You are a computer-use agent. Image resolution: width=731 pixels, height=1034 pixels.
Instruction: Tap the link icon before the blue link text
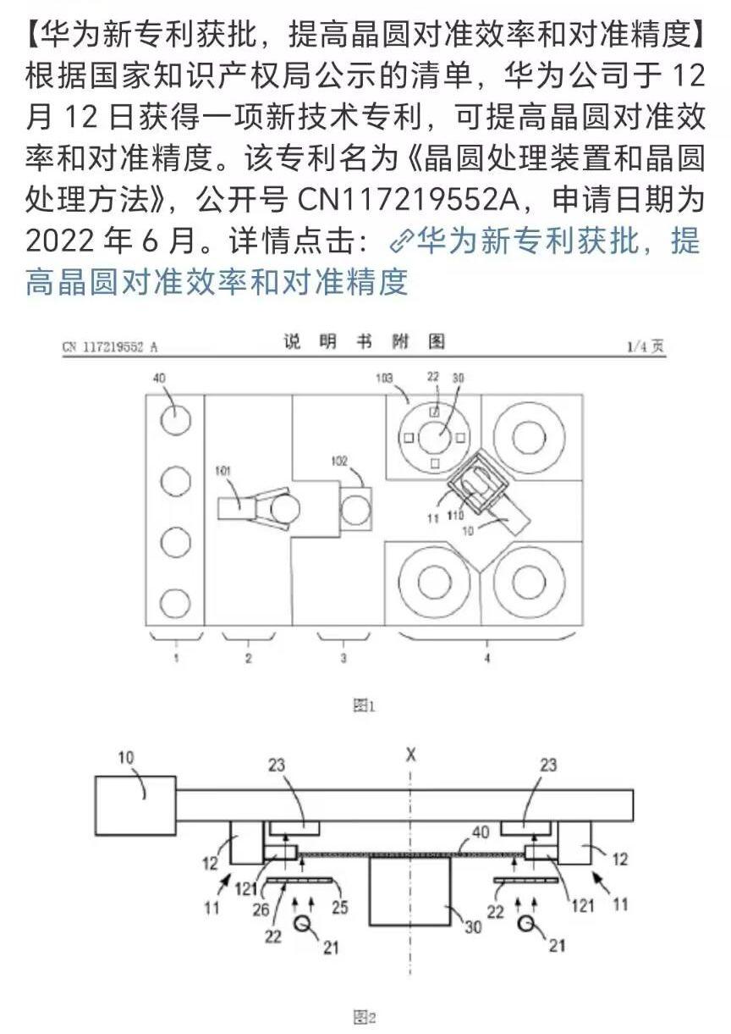pos(399,242)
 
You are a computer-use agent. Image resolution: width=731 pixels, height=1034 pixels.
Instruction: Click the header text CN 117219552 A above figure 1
pos(110,346)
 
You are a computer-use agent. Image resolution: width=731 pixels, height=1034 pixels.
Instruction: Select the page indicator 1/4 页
pos(646,346)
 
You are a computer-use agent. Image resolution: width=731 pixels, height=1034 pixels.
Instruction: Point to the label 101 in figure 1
pos(223,471)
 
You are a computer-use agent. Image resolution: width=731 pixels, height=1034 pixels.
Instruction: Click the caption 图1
pos(364,705)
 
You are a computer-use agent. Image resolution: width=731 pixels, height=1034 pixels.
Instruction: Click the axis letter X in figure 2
pos(411,753)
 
